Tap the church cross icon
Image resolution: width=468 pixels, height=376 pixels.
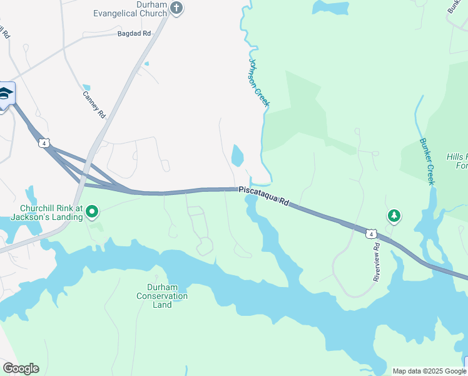(176, 8)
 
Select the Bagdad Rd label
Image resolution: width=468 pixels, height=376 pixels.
(135, 33)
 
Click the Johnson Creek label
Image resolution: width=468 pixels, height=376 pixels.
(258, 82)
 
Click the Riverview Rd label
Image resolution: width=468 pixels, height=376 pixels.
(377, 262)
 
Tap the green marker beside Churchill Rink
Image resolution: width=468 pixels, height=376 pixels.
(92, 212)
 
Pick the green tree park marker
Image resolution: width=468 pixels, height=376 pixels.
(394, 216)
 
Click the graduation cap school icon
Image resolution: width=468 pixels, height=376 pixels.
(6, 94)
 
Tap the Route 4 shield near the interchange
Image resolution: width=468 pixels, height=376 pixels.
(43, 143)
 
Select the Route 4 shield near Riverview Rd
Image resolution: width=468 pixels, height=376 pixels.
(372, 234)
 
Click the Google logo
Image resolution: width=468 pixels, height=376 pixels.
(21, 368)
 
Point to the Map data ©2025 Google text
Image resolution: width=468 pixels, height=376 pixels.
(429, 371)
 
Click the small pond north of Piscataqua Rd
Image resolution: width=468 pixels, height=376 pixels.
(237, 155)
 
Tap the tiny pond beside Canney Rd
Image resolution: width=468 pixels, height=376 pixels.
(86, 88)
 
